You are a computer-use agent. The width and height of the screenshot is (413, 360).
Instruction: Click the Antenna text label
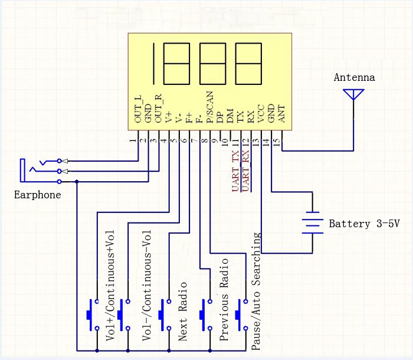pos(354,77)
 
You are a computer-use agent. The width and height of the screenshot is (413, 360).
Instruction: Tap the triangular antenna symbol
pos(354,94)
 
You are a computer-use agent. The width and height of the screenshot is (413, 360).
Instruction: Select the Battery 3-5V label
pos(363,224)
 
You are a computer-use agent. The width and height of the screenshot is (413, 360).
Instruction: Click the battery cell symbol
pos(313,223)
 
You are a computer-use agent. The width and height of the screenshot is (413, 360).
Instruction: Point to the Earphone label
pos(37,195)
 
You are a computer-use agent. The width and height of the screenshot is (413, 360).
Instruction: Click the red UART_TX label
pos(235,171)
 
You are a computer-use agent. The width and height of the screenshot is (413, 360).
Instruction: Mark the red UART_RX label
pos(245,171)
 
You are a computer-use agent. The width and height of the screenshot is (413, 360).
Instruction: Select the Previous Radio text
pos(224,300)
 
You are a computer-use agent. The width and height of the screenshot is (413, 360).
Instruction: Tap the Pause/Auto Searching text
pos(257,292)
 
